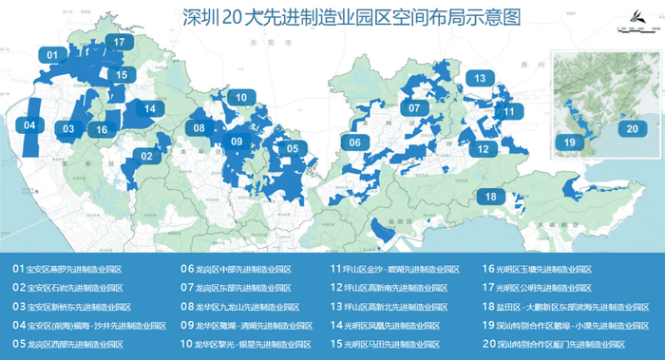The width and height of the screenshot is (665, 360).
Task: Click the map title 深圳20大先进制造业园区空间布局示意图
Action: point(332,17)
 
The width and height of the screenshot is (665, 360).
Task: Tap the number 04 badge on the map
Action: point(29,125)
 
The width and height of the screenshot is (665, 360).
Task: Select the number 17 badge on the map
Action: point(119,43)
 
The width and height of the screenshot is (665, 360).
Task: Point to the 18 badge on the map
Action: point(490,197)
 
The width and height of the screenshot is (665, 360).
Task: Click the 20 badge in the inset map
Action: point(628,129)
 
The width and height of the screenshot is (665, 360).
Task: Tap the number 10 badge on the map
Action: point(242,97)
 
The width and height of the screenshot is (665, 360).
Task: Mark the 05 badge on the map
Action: point(293,148)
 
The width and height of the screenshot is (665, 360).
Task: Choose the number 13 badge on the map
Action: point(481,78)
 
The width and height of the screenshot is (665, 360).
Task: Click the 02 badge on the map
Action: point(147,156)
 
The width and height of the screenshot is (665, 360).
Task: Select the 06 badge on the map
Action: point(353,142)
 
